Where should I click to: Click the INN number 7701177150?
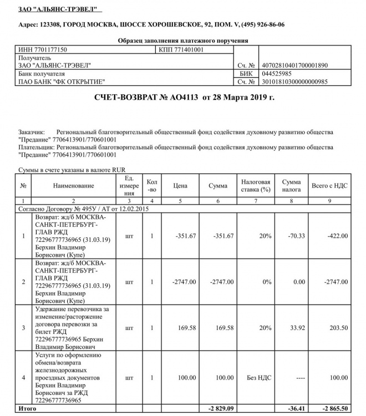tap(43, 49)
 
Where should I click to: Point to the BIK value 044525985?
tap(279, 73)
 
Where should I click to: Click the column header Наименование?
tap(74, 185)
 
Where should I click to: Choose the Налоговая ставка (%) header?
tap(256, 185)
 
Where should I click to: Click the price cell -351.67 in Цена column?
tap(185, 236)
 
